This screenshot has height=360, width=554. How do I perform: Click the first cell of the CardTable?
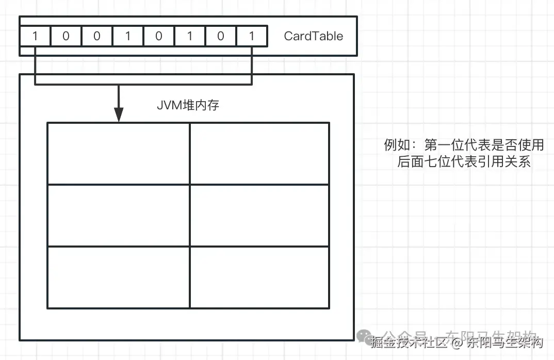[x=35, y=36]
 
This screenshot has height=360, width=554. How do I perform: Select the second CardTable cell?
[x=66, y=36]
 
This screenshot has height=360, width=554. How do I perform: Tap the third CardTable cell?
[x=97, y=36]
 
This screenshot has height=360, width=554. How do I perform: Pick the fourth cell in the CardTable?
[x=128, y=36]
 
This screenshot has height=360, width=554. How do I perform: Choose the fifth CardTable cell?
[x=159, y=36]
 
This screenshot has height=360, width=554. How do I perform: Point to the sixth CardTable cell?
[x=190, y=36]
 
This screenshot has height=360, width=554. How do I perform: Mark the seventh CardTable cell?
[x=221, y=36]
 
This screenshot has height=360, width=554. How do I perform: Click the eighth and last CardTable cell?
[x=252, y=36]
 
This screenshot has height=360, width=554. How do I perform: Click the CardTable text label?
[x=313, y=36]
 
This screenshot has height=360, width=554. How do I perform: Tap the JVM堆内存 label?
[x=188, y=105]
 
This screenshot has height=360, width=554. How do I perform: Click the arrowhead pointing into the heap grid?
[x=119, y=115]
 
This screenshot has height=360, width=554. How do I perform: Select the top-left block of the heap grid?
[x=119, y=153]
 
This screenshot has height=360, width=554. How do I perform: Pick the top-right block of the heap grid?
[x=259, y=153]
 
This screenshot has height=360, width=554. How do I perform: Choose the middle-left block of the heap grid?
[x=119, y=215]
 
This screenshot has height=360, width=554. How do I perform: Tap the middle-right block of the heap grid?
[x=259, y=215]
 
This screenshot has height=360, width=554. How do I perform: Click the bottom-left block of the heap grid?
[x=119, y=277]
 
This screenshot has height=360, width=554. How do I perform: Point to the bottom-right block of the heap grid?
[x=259, y=277]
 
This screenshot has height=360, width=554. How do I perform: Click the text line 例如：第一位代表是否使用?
[x=464, y=145]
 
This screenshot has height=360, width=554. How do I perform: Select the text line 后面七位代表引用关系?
[x=464, y=161]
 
